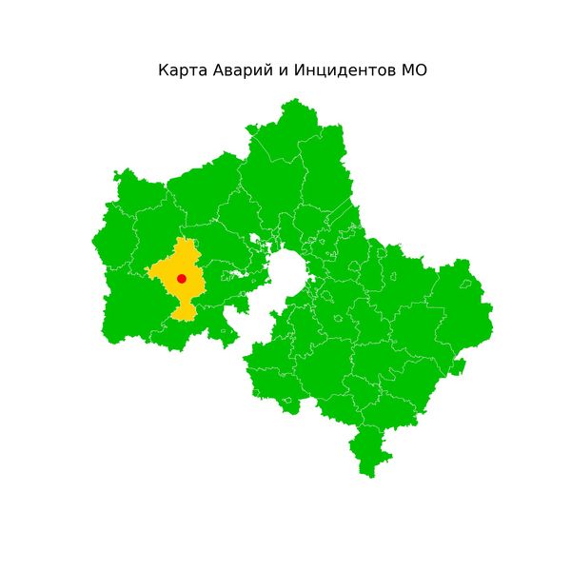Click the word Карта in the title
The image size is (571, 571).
click(x=179, y=71)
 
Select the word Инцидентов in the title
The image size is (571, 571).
click(x=338, y=71)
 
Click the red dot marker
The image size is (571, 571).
click(x=182, y=278)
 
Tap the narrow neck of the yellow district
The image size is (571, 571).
click(x=184, y=299)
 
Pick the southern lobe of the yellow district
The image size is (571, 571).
click(x=184, y=311)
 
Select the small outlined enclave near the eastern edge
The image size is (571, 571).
click(x=466, y=283)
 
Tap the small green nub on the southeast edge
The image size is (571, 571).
click(x=458, y=366)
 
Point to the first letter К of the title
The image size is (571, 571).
click(x=163, y=71)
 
